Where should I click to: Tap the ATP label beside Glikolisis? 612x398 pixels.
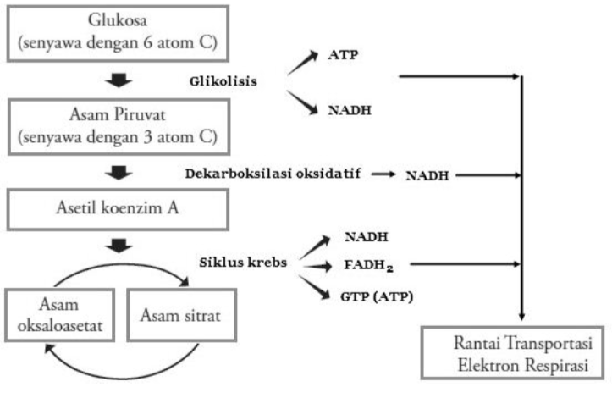[x=341, y=56]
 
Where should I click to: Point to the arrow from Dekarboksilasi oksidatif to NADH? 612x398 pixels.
[x=383, y=174]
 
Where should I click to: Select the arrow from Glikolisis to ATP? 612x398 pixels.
[x=302, y=64]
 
